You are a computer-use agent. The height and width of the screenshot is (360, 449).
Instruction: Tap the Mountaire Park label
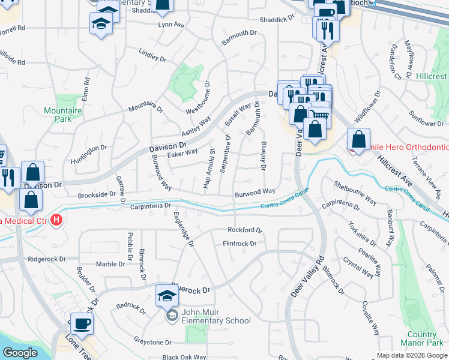[62, 115]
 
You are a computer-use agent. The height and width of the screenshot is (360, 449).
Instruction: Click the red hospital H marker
[56, 220]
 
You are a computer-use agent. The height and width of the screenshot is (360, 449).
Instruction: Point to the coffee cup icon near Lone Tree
[82, 324]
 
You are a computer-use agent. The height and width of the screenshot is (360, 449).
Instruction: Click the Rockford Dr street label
[245, 230]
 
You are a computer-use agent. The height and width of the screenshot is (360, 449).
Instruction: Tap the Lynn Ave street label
[171, 25]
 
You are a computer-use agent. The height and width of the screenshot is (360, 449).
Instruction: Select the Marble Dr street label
[110, 264]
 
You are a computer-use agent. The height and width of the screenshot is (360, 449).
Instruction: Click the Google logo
[20, 353]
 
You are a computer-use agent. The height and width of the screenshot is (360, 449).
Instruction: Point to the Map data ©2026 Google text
[412, 355]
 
